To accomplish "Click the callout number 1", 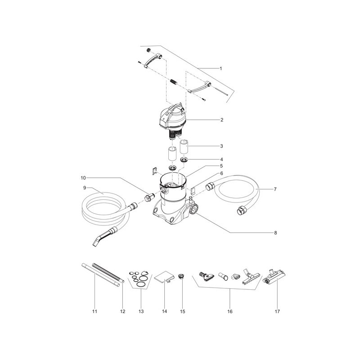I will [221, 69].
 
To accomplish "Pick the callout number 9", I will [84, 188].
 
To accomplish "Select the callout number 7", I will [275, 189].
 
